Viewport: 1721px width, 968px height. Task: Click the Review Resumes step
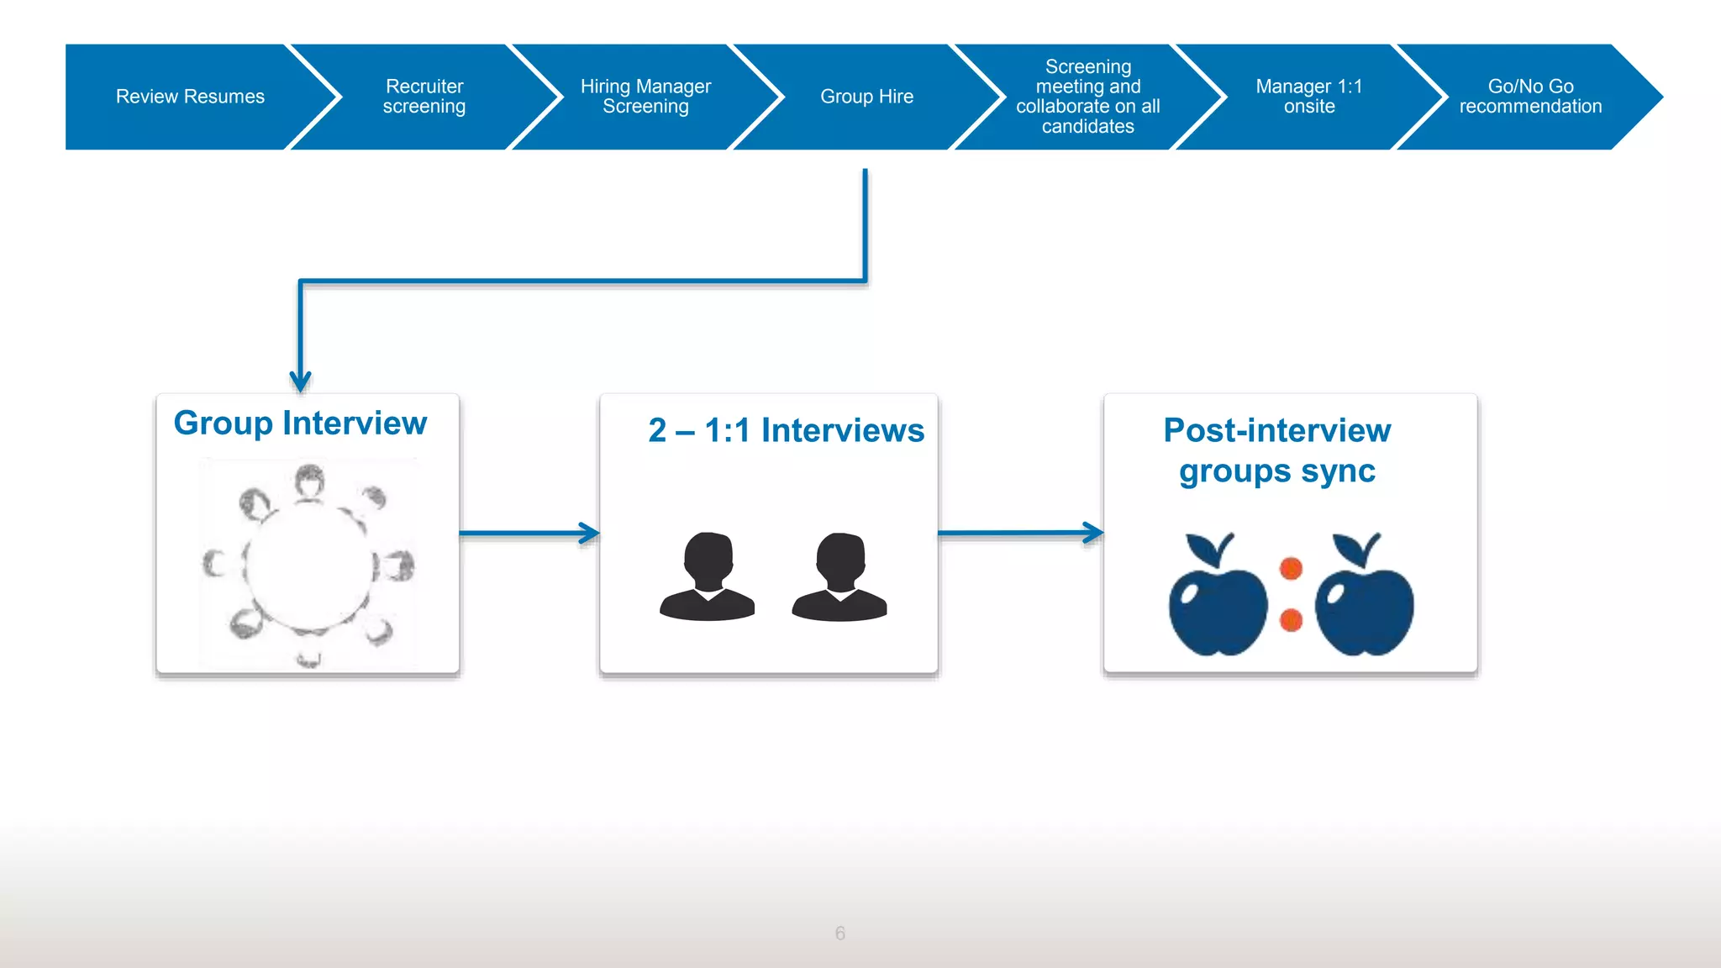tap(190, 97)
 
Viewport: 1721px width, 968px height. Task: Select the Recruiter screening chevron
tap(424, 97)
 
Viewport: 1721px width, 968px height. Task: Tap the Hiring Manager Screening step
tap(645, 97)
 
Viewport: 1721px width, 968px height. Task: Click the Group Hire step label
tap(866, 97)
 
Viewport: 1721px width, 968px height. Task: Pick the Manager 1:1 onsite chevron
tap(1308, 97)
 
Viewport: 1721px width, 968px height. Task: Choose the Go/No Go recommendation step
tap(1529, 97)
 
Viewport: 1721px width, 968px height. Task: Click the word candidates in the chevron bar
tap(1087, 127)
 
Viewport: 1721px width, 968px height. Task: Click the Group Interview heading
tap(300, 423)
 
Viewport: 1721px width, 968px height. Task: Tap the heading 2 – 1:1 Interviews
tap(786, 430)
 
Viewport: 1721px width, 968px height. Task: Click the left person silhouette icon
tap(708, 578)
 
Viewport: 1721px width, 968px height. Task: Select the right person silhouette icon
tap(839, 578)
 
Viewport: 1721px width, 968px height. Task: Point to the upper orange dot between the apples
tap(1291, 569)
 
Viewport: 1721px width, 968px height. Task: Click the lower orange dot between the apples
tap(1291, 621)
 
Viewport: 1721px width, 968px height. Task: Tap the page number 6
tap(839, 933)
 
